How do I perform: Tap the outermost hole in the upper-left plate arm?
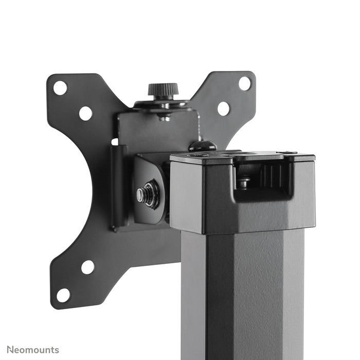[x=60, y=88]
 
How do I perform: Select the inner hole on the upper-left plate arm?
[x=85, y=113]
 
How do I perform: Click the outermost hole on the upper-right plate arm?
[x=245, y=83]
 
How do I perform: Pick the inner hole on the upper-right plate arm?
[x=223, y=109]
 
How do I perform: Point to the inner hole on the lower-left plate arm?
[x=87, y=267]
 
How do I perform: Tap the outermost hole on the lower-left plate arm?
[x=63, y=295]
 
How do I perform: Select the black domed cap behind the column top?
[x=202, y=146]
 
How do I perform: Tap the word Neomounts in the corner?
[x=33, y=350]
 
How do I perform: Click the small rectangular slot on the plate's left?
[x=115, y=141]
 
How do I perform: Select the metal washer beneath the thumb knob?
[x=164, y=105]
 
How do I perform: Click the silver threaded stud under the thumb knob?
[x=164, y=117]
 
